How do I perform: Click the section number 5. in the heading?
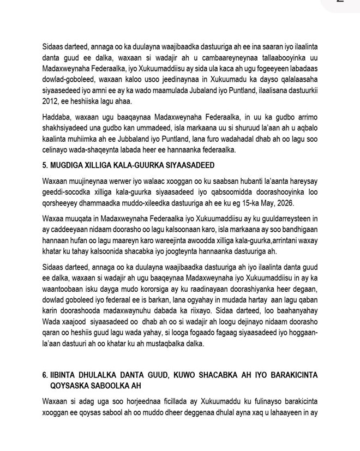point(45,165)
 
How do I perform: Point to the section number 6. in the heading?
point(45,376)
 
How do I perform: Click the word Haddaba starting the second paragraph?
point(57,117)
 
